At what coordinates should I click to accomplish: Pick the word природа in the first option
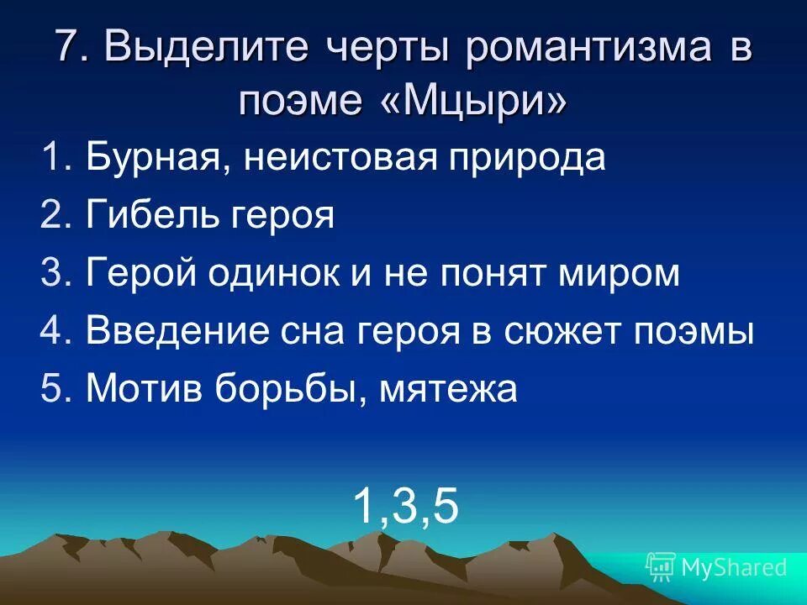point(525,159)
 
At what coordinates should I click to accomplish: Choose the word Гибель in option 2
point(152,217)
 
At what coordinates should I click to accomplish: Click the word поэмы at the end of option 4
point(704,333)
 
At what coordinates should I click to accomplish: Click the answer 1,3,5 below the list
point(406,507)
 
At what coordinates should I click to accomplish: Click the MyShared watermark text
point(735,567)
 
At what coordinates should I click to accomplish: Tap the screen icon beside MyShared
point(661,566)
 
